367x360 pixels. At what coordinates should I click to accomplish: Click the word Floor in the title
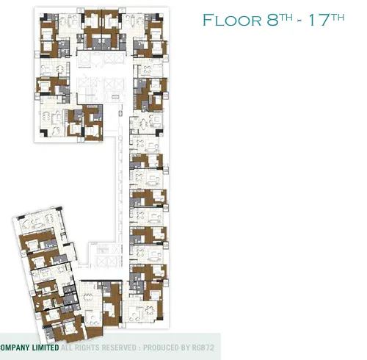click(x=232, y=20)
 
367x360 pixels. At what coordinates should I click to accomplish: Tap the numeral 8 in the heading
click(x=272, y=20)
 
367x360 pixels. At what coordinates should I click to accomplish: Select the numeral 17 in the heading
click(x=319, y=20)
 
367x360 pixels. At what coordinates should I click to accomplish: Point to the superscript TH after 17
click(x=338, y=18)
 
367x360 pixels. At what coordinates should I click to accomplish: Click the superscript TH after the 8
click(x=286, y=18)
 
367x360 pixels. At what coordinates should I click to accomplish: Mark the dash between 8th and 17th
click(x=299, y=21)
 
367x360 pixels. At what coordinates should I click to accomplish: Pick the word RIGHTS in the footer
click(x=87, y=348)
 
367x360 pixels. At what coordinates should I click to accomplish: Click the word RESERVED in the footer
click(x=119, y=348)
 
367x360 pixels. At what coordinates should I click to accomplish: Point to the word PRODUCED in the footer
click(x=159, y=348)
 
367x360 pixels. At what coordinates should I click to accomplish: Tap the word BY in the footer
click(x=183, y=348)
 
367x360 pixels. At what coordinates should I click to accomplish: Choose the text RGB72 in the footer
click(x=203, y=348)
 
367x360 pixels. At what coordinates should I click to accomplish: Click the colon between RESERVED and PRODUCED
click(x=139, y=348)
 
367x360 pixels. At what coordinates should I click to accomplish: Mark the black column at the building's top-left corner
click(x=43, y=17)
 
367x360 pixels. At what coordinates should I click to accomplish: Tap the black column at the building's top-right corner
click(x=159, y=17)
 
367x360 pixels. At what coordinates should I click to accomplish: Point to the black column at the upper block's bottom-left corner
click(x=44, y=133)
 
